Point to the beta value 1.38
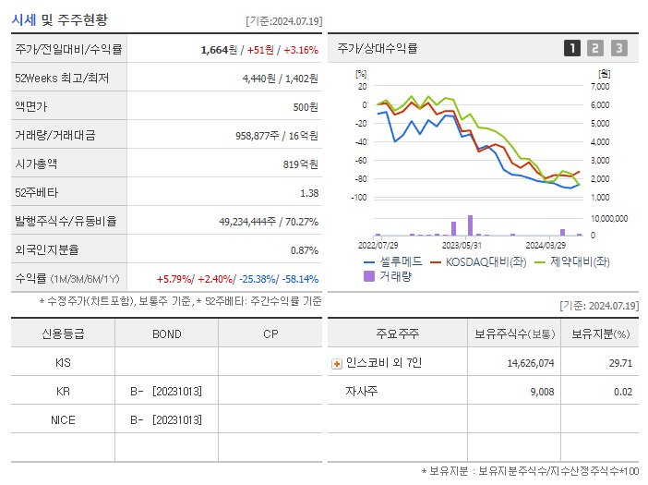click(x=309, y=193)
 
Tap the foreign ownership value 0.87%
click(x=304, y=250)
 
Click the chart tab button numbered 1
click(x=572, y=48)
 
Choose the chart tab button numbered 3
click(x=618, y=48)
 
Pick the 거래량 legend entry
click(x=393, y=275)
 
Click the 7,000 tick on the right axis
click(x=599, y=86)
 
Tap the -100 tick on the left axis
click(x=359, y=198)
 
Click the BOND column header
click(x=166, y=333)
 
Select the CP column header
click(x=270, y=333)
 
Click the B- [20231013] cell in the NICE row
click(x=166, y=419)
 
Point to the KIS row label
click(x=63, y=362)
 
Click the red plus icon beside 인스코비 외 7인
click(x=337, y=363)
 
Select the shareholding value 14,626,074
click(x=531, y=363)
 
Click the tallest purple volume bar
click(x=471, y=225)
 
